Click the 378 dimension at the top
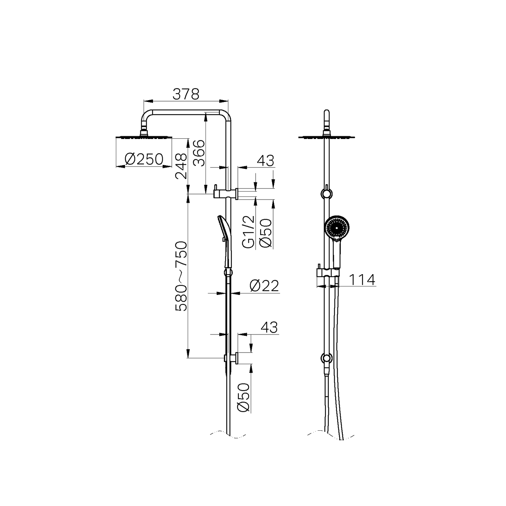(x=186, y=94)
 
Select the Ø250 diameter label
(x=144, y=160)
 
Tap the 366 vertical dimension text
(x=198, y=153)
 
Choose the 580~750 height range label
(x=181, y=276)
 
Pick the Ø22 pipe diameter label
(x=264, y=286)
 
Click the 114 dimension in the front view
(x=362, y=280)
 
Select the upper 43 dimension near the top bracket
(x=265, y=161)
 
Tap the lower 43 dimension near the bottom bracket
(x=269, y=327)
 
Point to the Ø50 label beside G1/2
(x=265, y=233)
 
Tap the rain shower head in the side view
(x=143, y=137)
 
